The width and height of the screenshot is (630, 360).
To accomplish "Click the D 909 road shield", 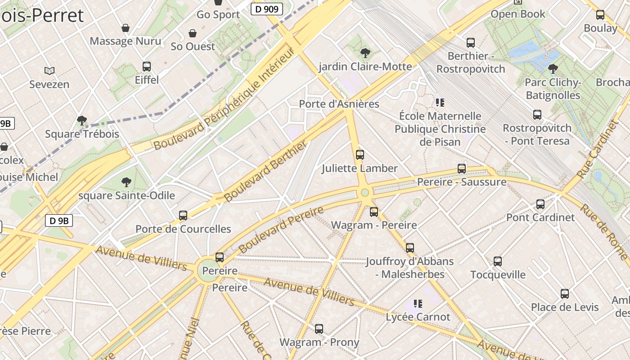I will click(x=266, y=9).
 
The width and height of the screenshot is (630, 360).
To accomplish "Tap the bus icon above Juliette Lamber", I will click(x=360, y=155).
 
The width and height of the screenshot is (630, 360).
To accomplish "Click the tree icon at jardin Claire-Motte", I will click(x=365, y=53).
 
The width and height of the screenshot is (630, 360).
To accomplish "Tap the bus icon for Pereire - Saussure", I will click(x=462, y=169).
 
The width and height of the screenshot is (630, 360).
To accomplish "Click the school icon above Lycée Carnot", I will click(x=418, y=304).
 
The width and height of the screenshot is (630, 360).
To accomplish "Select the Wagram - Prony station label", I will click(x=319, y=342).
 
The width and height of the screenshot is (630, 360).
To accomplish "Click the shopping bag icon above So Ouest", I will click(x=193, y=33).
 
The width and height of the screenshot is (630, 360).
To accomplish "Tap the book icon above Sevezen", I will click(x=49, y=71).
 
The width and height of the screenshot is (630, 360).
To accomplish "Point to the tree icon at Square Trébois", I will click(x=82, y=120).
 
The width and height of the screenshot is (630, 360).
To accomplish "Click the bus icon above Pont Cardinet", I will click(x=540, y=204).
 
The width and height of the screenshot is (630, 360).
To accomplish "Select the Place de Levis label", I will click(x=565, y=307).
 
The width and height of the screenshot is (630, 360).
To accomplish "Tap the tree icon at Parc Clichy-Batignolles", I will click(x=553, y=69).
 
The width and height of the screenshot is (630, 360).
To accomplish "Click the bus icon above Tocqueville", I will click(x=498, y=261).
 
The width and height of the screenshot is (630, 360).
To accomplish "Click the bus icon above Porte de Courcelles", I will click(x=183, y=216).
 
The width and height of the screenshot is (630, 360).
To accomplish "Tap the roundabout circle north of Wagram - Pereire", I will click(x=365, y=193).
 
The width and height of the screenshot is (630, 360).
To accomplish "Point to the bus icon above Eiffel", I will click(x=147, y=67).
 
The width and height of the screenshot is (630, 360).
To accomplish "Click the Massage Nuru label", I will click(x=126, y=41).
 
